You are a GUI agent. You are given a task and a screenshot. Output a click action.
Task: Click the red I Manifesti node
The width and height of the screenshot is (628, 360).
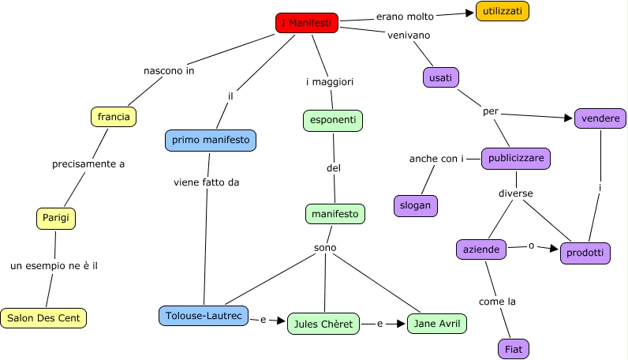307,23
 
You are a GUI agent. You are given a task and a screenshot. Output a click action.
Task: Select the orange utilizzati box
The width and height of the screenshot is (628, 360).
502,11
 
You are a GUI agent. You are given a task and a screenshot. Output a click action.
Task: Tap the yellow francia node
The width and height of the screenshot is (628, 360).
114,117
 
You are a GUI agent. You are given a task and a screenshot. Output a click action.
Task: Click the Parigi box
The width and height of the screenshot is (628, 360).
56,218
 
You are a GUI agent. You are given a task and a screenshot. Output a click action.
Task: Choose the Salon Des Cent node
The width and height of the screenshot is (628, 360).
43,318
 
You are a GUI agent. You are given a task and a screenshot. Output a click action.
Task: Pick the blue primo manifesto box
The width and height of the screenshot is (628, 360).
211,141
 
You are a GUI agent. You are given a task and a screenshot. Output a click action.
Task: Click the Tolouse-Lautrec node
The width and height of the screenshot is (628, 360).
203,316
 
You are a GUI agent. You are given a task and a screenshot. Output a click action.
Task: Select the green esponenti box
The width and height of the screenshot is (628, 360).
332,120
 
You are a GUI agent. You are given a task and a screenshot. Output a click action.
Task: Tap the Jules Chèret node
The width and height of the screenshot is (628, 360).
323,324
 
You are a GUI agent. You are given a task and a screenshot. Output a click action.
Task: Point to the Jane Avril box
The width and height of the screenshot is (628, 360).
437,323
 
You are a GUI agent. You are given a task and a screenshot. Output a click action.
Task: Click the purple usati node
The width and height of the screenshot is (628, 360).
442,77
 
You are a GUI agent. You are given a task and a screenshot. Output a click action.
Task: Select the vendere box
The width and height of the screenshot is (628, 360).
600,118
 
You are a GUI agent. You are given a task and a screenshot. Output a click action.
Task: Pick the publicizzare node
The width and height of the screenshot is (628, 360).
516,158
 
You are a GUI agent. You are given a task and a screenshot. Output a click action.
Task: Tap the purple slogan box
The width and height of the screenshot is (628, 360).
415,205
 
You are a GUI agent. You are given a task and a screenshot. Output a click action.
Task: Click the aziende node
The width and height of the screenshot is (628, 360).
481,249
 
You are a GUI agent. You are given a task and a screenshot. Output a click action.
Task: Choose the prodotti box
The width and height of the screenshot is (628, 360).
585,253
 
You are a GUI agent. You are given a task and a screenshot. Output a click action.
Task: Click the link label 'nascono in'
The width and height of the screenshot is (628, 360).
169,70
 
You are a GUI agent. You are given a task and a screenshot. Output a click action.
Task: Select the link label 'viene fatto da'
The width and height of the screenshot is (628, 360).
206,182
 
